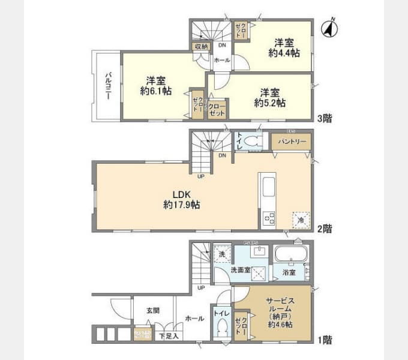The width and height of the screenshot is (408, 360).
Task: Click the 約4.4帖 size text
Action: [283, 53]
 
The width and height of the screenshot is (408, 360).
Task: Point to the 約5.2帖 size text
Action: [269, 103]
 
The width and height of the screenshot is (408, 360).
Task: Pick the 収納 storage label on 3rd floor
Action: [200, 46]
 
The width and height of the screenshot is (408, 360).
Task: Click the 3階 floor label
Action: [324, 118]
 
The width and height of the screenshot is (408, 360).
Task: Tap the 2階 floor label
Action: [324, 228]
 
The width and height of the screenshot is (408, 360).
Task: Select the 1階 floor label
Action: [324, 340]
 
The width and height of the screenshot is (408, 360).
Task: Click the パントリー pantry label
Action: [291, 142]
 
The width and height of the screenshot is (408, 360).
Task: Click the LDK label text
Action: [182, 194]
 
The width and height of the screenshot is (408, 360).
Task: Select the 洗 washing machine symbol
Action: [221, 253]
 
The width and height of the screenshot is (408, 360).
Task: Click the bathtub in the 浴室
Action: [290, 255]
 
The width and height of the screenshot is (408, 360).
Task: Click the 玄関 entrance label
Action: [153, 311]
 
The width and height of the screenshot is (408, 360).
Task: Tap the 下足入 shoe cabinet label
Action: [166, 337]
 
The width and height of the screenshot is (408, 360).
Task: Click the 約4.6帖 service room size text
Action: [280, 325]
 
